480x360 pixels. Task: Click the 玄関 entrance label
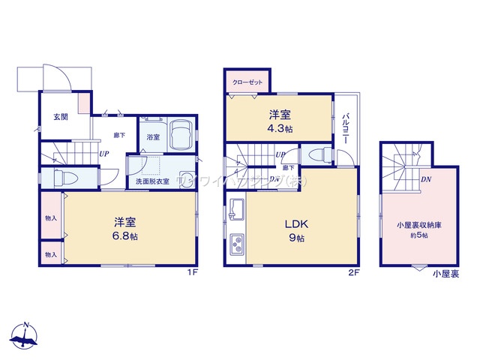pos(60,116)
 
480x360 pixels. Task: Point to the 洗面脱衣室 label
pos(151,181)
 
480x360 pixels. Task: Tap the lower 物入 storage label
pos(51,255)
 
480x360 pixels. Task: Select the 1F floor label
pos(192,272)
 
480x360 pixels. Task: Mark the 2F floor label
pos(353,272)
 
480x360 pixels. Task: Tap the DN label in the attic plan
pos(425,179)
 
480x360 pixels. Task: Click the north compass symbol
pos(27,337)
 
